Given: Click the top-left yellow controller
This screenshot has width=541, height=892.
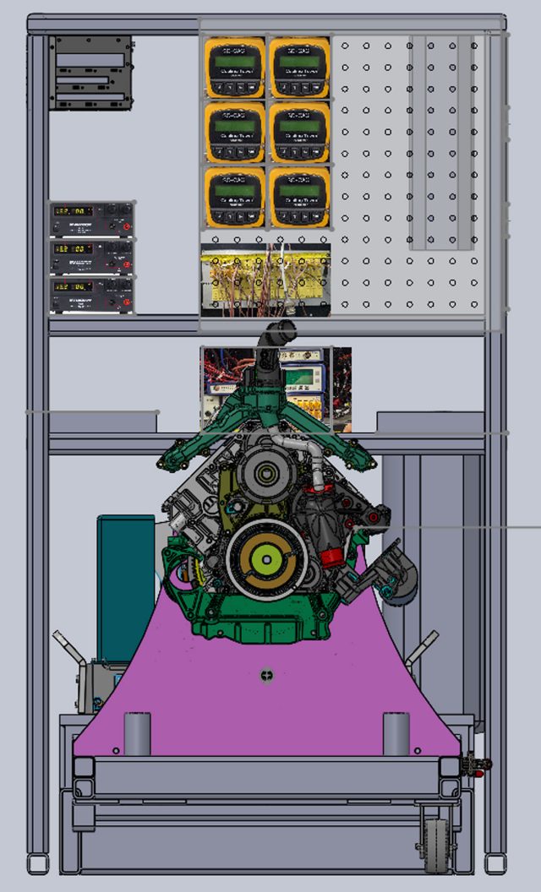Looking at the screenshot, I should coord(235,68).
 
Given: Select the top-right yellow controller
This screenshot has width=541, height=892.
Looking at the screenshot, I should coord(299,68).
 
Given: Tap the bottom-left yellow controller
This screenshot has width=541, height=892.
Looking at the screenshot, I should coord(235,197).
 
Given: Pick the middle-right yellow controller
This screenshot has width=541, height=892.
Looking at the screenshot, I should coord(299,133).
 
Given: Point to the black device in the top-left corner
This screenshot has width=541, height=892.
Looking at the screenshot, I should coord(91,73).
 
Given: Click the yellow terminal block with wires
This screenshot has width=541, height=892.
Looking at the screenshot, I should coord(265,280).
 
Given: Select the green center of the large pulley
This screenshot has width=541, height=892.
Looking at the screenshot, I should coord(265,559).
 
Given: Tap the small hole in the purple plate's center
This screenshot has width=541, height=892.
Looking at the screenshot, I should coord(267,674).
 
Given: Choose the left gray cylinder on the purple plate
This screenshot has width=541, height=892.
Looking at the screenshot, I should coord(137,733).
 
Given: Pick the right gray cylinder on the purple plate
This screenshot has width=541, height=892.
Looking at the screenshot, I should coord(396,733).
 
